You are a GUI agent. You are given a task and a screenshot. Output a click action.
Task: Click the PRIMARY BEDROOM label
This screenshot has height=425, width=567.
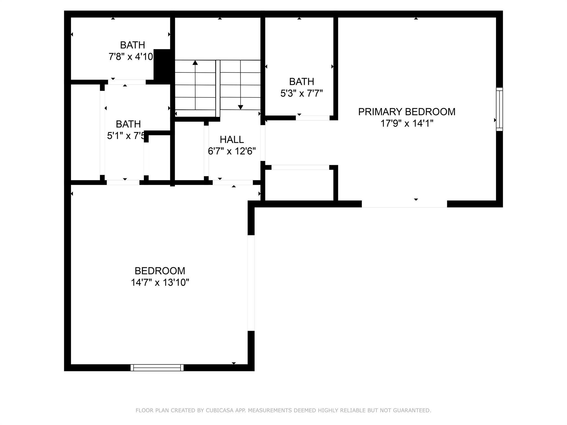click(406, 112)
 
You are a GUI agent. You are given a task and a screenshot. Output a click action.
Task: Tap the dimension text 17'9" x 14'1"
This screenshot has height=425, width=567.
click(406, 123)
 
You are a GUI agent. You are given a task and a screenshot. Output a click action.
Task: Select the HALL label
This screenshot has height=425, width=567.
click(232, 139)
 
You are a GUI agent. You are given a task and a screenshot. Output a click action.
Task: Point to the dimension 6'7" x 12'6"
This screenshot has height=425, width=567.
click(232, 151)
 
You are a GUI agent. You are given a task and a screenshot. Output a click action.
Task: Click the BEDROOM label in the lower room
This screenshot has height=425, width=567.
click(160, 271)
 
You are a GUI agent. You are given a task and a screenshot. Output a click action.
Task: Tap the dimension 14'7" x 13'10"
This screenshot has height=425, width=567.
click(160, 283)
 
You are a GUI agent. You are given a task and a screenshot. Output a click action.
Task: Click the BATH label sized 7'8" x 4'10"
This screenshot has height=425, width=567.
click(132, 45)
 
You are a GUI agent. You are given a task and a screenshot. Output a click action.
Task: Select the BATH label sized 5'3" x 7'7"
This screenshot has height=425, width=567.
click(301, 82)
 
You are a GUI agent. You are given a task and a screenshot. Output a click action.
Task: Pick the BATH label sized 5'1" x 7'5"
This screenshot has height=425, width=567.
click(128, 124)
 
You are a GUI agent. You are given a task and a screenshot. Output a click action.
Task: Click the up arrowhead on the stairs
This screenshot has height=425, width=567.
click(195, 63)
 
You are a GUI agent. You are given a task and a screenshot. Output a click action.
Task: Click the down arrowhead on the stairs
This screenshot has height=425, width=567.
click(241, 107)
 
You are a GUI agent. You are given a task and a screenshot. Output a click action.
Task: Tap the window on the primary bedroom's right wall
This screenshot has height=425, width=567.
click(499, 109)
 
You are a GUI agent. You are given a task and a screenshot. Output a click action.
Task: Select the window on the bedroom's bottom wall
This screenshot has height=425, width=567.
click(157, 367)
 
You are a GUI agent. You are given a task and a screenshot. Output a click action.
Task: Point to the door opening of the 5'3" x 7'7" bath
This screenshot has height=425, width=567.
click(313, 118)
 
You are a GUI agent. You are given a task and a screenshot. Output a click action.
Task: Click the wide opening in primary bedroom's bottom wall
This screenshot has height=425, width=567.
click(404, 204)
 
